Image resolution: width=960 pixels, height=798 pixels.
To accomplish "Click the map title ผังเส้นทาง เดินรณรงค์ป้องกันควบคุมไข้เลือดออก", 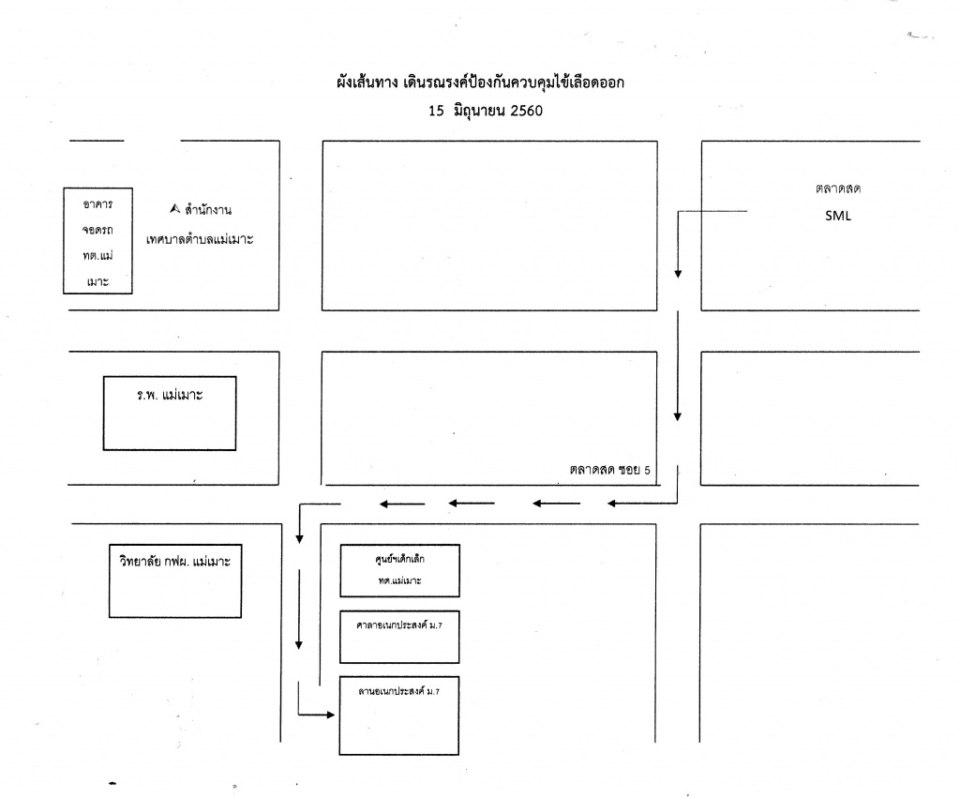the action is pos(480,83).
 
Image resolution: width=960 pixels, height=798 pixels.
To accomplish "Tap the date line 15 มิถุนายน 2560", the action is pos(486,111).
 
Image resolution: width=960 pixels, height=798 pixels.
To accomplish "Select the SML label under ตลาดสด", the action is pos(837,216).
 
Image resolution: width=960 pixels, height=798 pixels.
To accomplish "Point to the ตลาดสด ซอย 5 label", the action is pos(609,470).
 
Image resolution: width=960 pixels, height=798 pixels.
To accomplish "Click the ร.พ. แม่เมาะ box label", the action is pos(170,395).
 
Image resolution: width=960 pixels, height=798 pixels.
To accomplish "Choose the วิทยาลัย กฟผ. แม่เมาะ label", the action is pos(175,561).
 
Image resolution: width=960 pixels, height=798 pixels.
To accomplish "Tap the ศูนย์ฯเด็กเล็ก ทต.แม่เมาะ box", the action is pos(399,570).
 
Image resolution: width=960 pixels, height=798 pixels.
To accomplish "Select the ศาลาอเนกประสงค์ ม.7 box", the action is pos(399,637).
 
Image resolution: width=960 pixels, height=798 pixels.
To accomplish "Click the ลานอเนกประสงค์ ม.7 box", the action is pos(399,715).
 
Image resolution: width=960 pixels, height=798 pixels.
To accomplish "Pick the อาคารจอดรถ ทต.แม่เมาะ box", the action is pos(97,241).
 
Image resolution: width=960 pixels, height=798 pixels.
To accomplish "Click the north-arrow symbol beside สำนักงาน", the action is pos(175,209).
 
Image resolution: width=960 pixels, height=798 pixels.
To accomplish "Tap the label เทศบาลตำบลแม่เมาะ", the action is pos(200,239).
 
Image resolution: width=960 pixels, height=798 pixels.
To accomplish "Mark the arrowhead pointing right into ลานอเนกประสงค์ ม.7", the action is pos(331,715).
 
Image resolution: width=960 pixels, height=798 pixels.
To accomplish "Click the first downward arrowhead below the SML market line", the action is pos(678,274).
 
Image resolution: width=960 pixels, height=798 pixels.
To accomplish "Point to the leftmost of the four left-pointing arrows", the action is pos(401,504).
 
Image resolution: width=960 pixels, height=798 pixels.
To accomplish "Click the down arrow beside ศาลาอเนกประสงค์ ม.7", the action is pos(299,609).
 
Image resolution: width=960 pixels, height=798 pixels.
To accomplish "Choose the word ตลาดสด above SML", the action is pos(837,188).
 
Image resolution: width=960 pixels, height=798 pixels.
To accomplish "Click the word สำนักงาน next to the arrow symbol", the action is pos(208,210).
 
